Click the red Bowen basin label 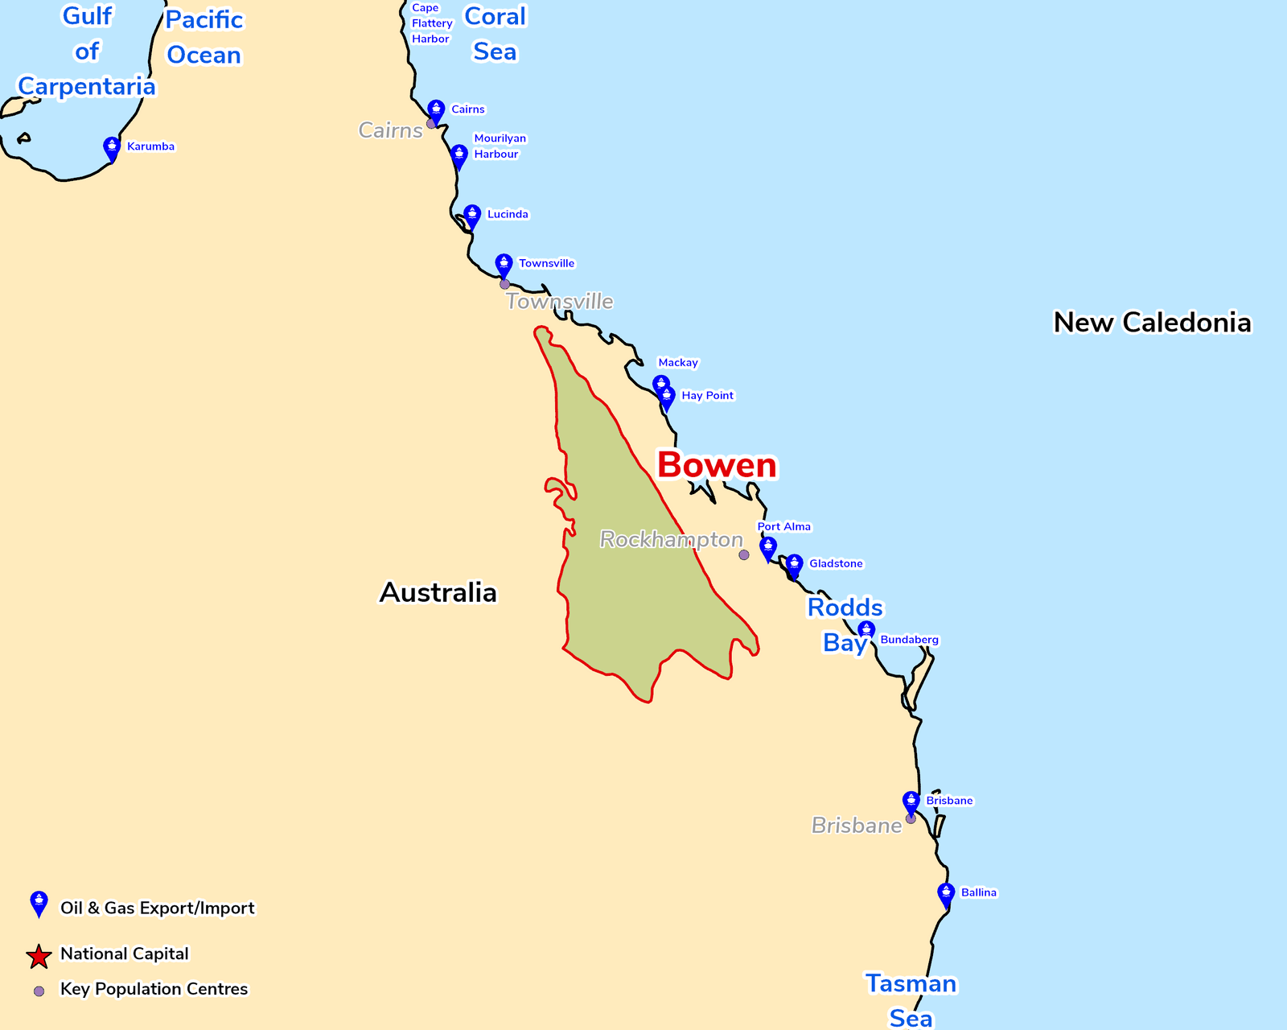pos(717,465)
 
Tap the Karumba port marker pos(112,149)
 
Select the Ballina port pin pos(946,895)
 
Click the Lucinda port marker pos(472,216)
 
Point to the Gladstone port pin pos(794,566)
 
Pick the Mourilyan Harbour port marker pos(458,156)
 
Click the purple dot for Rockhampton pos(744,555)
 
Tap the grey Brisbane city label pos(856,826)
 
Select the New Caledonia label pos(1152,323)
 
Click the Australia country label pos(438,593)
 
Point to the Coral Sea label pos(495,34)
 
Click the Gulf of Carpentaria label pos(87,51)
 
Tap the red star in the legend pos(39,956)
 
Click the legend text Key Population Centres pos(154,989)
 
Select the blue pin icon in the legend pos(39,904)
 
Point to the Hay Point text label pos(707,396)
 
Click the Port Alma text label pos(784,527)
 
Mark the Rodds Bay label pos(845,624)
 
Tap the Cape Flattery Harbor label pos(431,23)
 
